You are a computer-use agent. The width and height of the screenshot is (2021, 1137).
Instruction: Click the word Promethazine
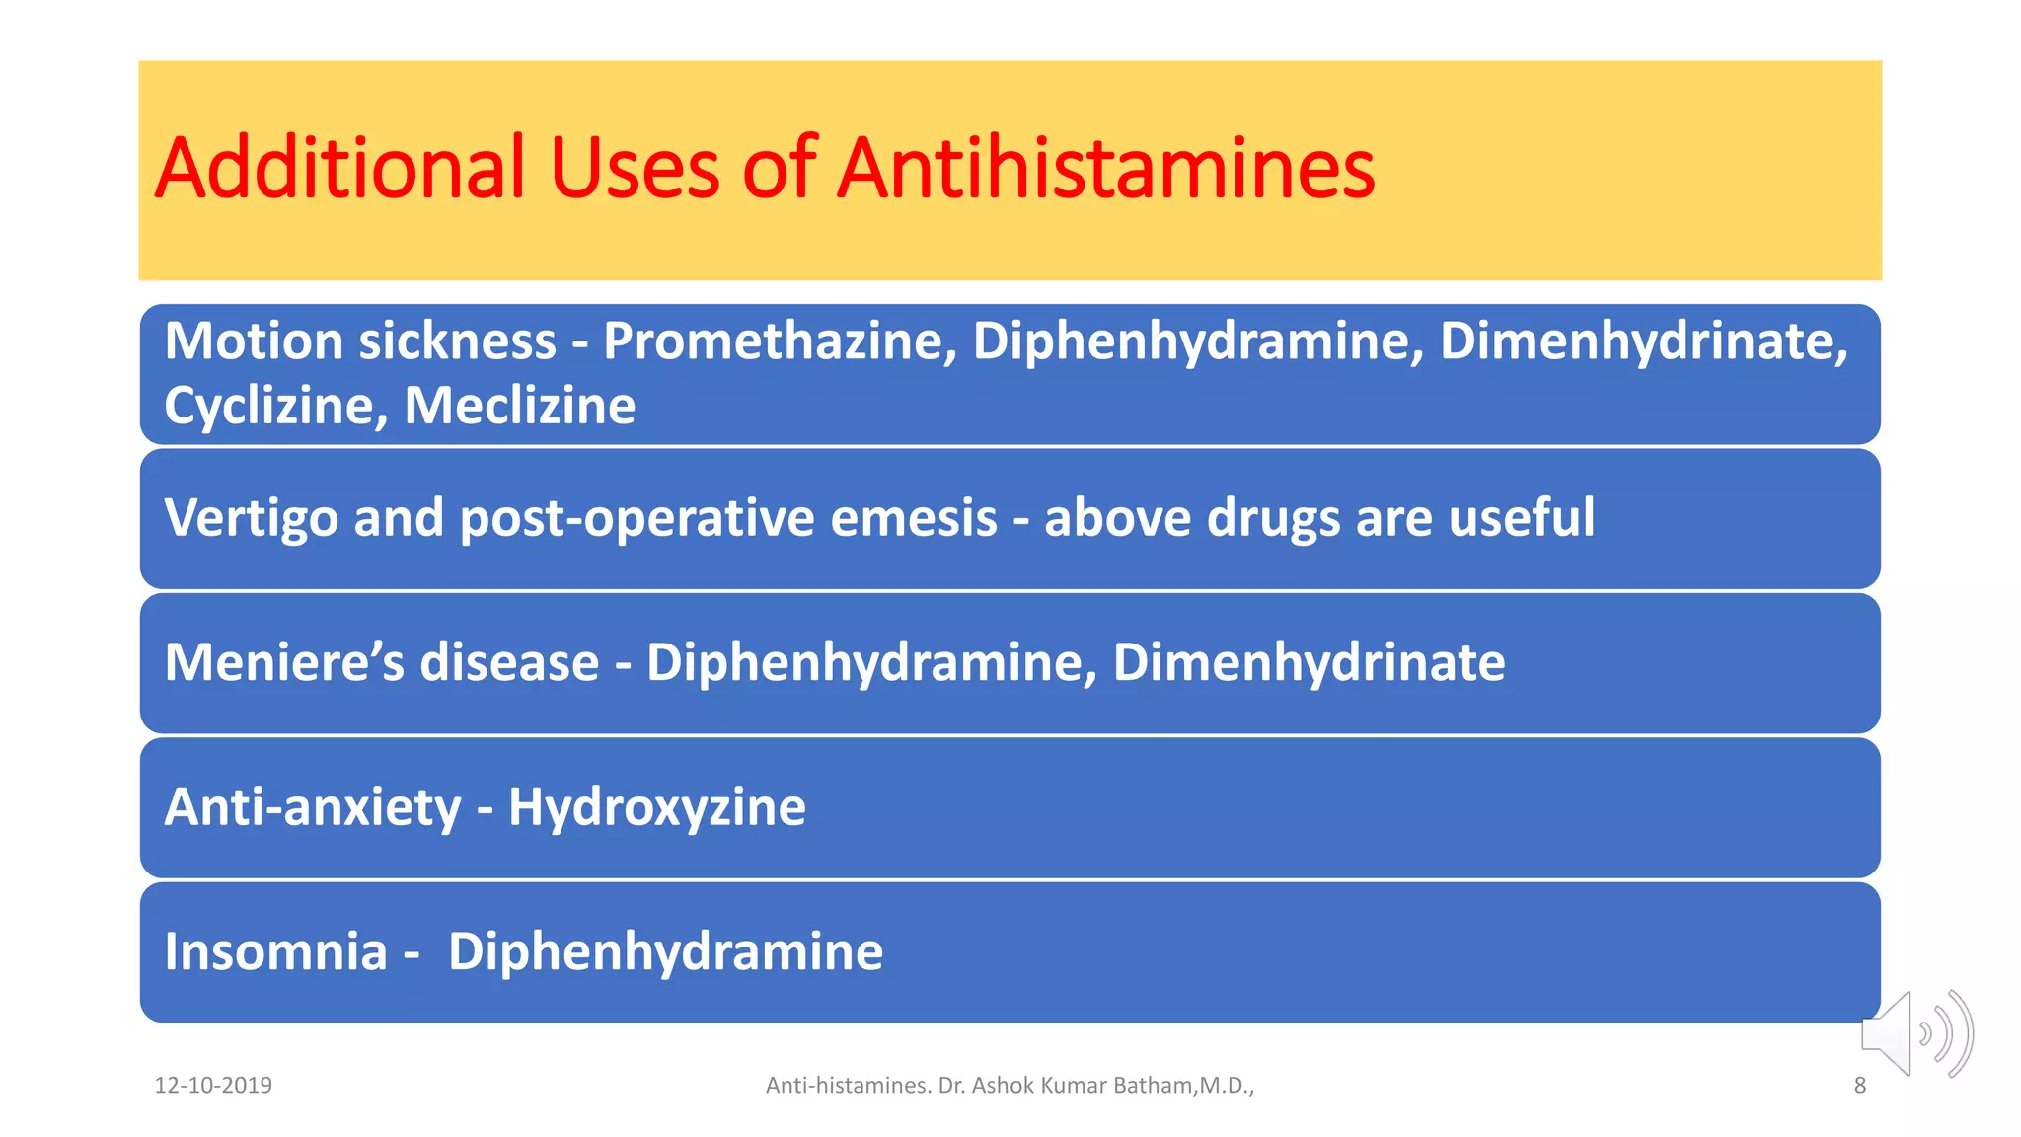point(780,341)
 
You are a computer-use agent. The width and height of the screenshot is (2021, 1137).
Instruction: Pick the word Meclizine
point(520,407)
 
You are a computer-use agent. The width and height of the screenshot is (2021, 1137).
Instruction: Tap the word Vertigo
point(251,518)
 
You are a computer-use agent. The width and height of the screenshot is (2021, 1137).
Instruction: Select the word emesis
point(914,518)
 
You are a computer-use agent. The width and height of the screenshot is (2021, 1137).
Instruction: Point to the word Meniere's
point(284,662)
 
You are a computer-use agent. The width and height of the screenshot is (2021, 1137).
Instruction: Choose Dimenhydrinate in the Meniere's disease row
point(1309,662)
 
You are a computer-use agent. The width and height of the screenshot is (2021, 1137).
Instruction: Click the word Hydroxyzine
point(657,807)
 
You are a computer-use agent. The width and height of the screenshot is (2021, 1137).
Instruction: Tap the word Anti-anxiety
point(313,807)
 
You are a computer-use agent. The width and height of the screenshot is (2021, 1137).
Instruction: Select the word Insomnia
point(275,951)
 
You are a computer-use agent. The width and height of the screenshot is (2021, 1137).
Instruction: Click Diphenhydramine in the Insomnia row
point(666,951)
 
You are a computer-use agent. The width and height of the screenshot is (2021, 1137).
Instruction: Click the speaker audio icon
point(1916,1034)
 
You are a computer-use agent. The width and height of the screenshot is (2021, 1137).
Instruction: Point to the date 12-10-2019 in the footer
point(213,1086)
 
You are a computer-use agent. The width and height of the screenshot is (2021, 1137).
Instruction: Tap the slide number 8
point(1860,1086)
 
